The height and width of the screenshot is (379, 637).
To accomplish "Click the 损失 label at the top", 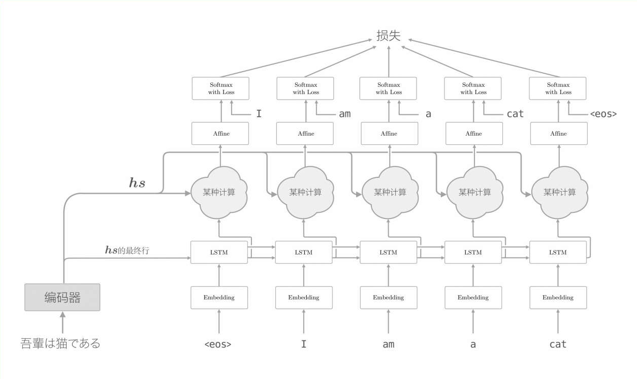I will [389, 36].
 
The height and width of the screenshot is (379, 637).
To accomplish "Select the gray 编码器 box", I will [62, 297].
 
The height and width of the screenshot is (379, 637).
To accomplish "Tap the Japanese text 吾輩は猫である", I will [60, 343].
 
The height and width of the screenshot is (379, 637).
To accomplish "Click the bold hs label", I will [137, 183].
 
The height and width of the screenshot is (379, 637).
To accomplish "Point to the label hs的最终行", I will [127, 250].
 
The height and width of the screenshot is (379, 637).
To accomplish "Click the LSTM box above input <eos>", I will [219, 252].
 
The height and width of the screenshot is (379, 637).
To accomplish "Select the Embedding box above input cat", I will [558, 298].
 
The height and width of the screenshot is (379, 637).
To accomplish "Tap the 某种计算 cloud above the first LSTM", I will [219, 193].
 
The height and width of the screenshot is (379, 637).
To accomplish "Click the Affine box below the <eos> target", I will [558, 134].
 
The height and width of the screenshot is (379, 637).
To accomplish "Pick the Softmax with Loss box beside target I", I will [221, 88].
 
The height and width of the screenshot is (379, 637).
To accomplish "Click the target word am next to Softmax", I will [345, 114].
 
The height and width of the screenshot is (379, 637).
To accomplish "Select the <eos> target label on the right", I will [603, 114].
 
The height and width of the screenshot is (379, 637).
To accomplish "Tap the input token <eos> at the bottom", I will [218, 344].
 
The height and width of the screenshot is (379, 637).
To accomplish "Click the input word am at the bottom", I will [389, 344].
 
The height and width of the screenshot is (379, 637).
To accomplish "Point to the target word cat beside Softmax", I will [515, 114].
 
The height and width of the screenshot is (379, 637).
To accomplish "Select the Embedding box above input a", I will [473, 298].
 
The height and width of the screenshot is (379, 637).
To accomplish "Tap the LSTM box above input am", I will [389, 252].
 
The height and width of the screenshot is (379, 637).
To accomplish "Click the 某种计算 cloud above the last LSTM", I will [559, 193].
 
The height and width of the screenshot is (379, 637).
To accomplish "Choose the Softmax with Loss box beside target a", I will [389, 88].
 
